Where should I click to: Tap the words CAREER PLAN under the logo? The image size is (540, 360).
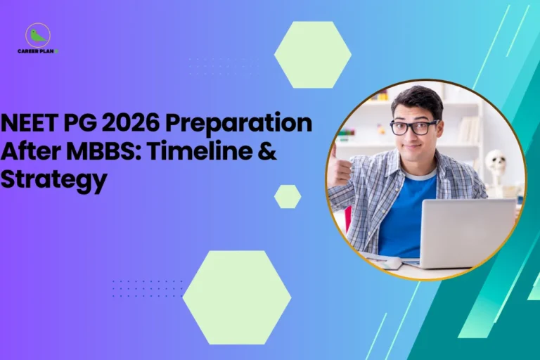click(x=37, y=51)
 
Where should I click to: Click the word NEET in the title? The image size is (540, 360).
click(x=30, y=124)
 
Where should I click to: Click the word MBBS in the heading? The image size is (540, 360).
click(x=96, y=152)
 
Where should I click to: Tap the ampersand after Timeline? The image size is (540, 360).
click(x=266, y=152)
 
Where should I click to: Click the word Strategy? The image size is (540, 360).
click(x=53, y=180)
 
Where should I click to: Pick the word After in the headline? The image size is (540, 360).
click(x=27, y=152)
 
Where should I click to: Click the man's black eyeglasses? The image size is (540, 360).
click(x=414, y=127)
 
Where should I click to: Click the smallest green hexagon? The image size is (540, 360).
click(x=287, y=196)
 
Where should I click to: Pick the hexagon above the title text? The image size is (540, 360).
click(x=312, y=54)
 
